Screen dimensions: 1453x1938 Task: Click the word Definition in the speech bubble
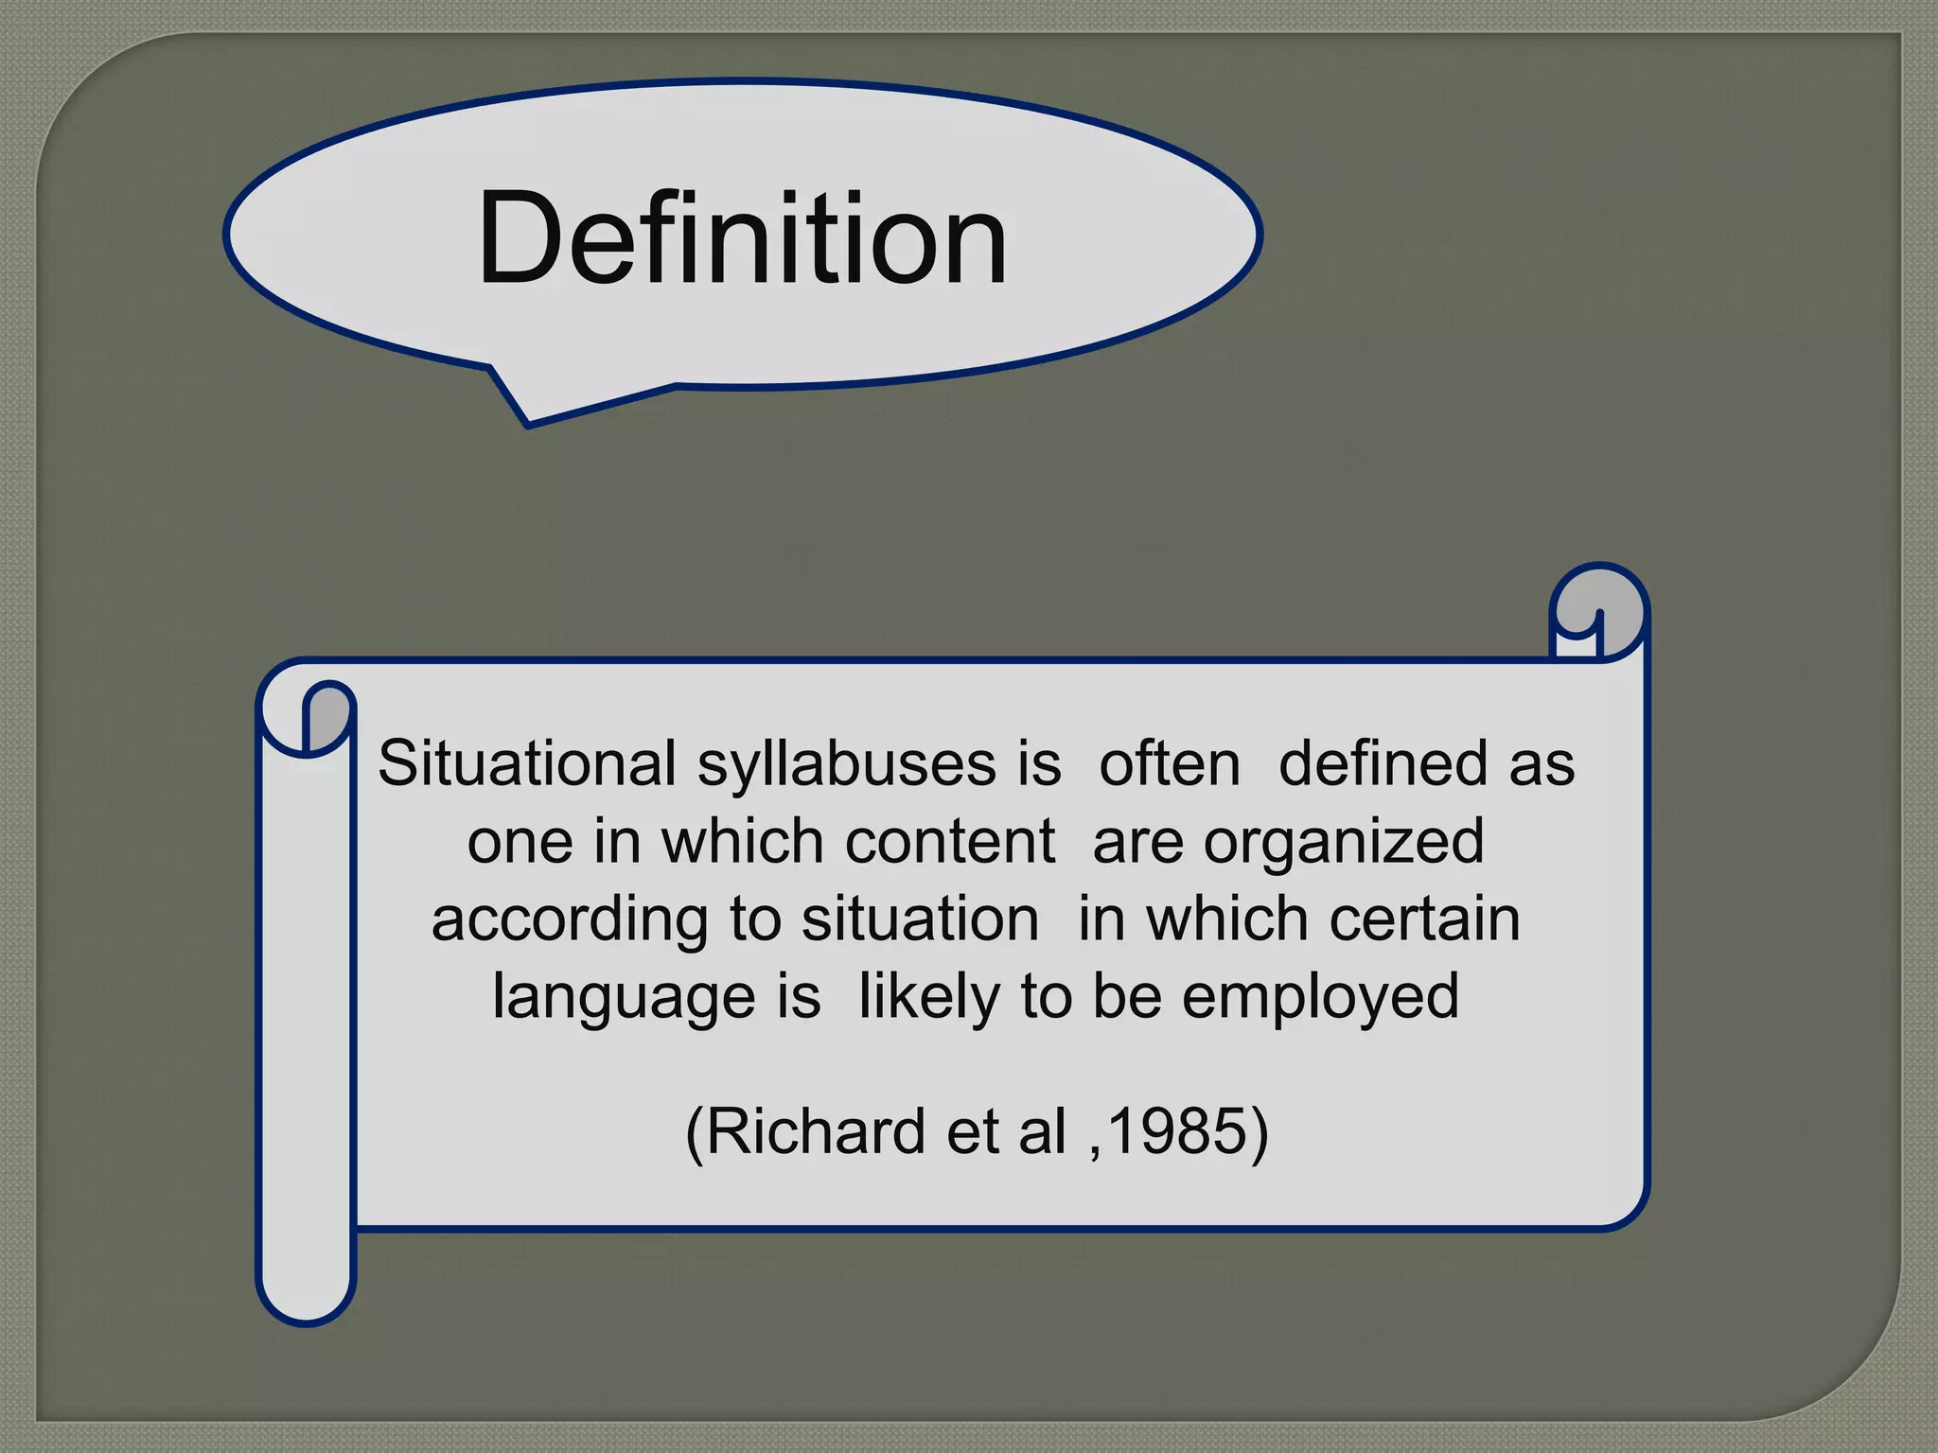(742, 238)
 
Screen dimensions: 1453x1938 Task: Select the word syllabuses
(846, 765)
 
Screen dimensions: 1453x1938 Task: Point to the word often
(1169, 763)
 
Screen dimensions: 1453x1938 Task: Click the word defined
(1383, 763)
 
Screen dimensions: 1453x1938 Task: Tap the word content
(950, 841)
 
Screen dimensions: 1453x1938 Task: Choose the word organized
(1344, 843)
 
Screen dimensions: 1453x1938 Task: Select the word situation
(920, 919)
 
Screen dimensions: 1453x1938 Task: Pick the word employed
(1320, 998)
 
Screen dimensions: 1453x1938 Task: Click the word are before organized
(1137, 841)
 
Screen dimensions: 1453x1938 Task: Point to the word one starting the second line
(520, 841)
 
